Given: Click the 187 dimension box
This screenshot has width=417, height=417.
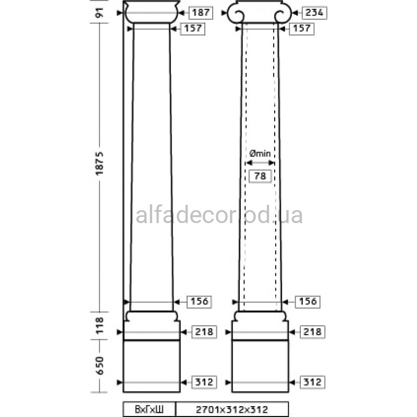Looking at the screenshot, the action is click(201, 13).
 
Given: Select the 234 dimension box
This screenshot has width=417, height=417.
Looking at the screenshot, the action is click(314, 13).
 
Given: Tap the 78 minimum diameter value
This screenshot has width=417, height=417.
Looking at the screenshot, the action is click(260, 176).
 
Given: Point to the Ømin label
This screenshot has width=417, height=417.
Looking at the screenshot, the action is click(260, 153).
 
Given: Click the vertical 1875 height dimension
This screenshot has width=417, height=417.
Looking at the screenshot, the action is click(100, 163).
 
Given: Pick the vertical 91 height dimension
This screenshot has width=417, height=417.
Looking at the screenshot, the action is click(100, 13).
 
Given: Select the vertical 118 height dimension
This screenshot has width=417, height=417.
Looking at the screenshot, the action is click(100, 325).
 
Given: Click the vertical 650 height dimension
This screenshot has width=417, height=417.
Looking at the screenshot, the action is click(100, 366).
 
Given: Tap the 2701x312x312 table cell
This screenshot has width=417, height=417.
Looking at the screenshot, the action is click(232, 409).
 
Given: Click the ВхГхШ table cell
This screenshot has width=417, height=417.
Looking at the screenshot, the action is click(149, 409).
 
